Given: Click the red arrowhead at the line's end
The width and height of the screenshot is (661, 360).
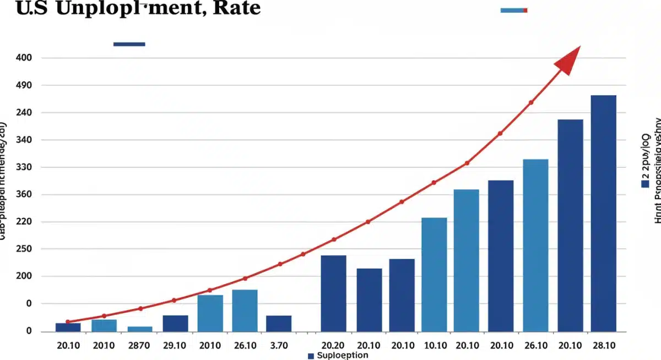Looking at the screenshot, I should (570, 59).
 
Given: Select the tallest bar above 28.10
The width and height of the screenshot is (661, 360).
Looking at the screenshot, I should (604, 213).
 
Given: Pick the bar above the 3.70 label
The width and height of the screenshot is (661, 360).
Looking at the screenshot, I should (279, 323).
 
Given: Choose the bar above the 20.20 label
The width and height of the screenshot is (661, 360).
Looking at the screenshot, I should (333, 293).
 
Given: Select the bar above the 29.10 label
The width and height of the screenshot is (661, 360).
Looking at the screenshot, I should (175, 323).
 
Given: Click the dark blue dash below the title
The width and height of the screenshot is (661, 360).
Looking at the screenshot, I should (129, 44).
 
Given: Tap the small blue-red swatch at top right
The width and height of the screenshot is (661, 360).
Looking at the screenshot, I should (514, 10).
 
